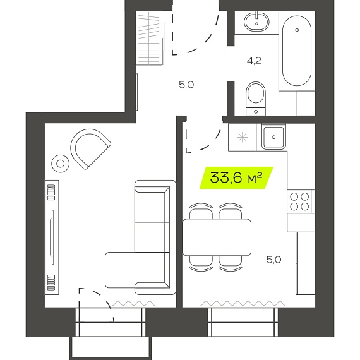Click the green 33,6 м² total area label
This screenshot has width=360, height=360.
point(236,178)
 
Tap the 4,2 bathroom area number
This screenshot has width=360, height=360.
point(254,61)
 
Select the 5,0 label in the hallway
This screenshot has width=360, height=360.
point(186,85)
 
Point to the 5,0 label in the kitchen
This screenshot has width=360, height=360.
point(274,260)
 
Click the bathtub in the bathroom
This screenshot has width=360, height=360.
point(297,51)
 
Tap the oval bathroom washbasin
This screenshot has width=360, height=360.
point(256,22)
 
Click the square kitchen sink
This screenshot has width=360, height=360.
point(273,137)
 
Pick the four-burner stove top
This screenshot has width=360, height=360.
point(299,201)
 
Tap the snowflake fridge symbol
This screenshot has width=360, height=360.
point(243,138)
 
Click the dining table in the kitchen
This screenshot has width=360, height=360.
point(217,237)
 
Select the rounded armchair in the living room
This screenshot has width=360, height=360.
point(90,149)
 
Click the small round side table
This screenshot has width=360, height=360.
point(61,164)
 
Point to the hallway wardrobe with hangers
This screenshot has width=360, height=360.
point(149,38)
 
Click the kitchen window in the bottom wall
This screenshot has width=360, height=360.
point(243,322)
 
